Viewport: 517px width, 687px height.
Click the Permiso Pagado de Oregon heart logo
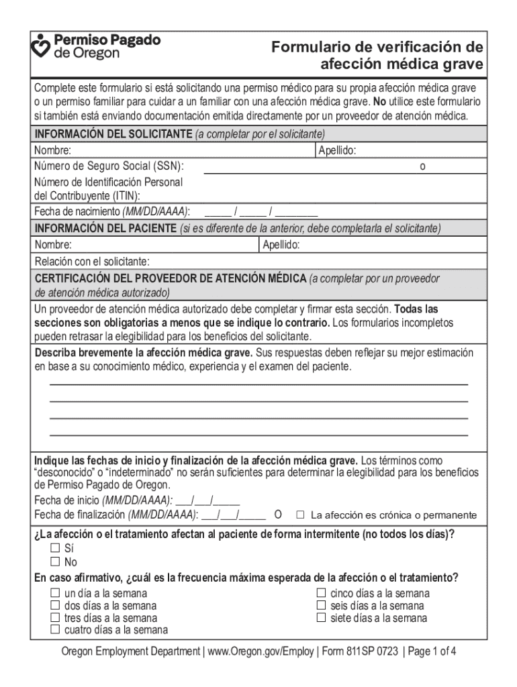coord(42,46)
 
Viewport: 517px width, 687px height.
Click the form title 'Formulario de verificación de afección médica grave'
coord(377,56)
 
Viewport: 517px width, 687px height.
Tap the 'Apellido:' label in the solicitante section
coord(337,152)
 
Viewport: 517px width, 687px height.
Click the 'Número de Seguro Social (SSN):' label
coord(109,166)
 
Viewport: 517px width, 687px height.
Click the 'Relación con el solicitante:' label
coord(92,261)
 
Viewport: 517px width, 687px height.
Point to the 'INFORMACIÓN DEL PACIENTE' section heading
coord(105,229)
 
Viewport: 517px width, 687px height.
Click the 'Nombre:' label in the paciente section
coord(53,245)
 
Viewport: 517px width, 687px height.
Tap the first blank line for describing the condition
coord(258,384)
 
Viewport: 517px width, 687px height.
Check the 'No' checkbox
coord(55,562)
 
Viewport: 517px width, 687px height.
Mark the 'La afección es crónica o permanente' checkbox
coord(301,515)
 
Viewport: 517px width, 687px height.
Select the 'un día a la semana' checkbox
coord(55,594)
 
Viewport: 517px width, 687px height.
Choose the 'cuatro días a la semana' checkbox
coord(55,630)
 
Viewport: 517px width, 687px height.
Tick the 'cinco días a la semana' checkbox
coord(321,594)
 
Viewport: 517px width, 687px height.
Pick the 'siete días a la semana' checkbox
coord(321,618)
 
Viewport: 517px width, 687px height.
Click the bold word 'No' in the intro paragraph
coord(379,102)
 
